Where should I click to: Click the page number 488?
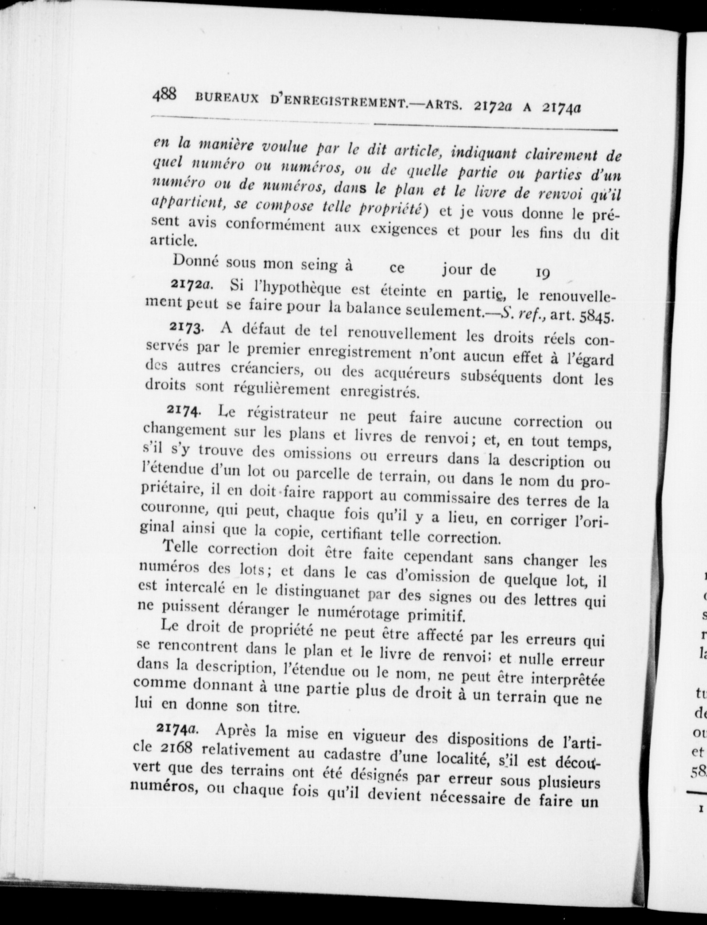pos(164,94)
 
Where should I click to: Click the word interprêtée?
pos(562,680)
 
